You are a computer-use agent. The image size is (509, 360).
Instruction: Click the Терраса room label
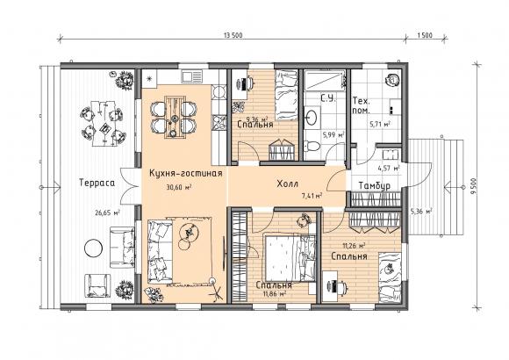coord(97,183)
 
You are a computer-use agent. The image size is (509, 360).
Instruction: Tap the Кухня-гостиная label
coord(186,174)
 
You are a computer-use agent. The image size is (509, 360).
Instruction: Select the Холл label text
coord(288,184)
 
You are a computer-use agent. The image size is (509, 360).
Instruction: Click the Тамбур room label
coord(375,186)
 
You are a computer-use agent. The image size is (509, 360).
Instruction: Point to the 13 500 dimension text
coord(233,35)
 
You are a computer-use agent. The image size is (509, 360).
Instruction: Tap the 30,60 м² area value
coord(178,188)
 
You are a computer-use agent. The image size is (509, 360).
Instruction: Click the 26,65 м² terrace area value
coord(107,213)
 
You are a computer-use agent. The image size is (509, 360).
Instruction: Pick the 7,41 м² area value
coord(312,196)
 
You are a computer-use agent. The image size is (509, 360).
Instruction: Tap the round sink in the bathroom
coord(312,117)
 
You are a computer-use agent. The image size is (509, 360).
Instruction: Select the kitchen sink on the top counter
coord(192,76)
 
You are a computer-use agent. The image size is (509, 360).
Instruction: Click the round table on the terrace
coord(94,248)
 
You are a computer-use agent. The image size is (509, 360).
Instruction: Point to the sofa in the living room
coord(161,251)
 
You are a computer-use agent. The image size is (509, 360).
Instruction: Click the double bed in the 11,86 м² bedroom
coord(290,257)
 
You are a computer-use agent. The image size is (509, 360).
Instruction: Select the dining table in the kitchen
coord(174,117)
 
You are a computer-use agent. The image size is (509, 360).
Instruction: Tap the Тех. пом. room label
coord(362,105)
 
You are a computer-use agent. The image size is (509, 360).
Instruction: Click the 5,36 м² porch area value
coord(421,212)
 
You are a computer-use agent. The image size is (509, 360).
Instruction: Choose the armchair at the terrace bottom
coord(97,285)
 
